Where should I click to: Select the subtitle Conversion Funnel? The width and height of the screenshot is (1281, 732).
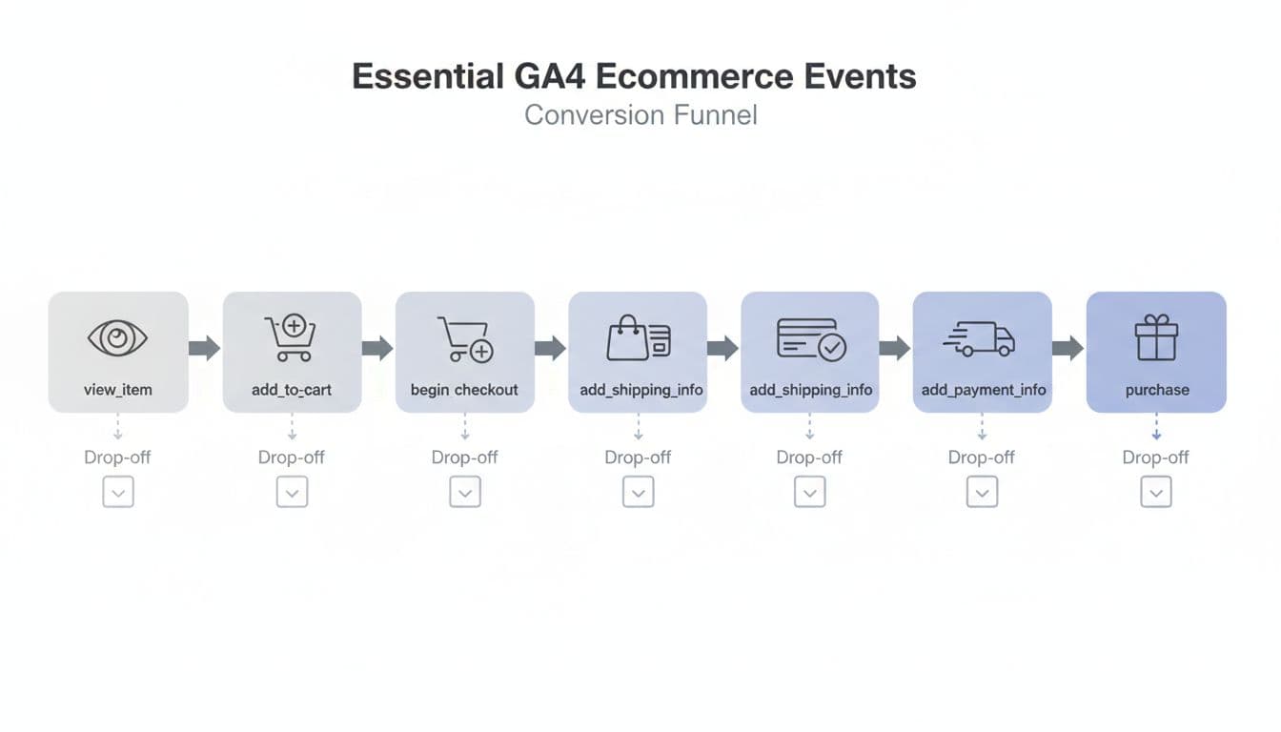click(640, 115)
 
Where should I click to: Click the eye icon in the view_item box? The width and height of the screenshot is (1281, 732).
click(118, 338)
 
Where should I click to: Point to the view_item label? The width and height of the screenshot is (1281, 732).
click(118, 390)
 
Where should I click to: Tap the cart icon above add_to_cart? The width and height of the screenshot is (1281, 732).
click(289, 338)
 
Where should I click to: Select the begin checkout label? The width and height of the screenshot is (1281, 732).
click(464, 390)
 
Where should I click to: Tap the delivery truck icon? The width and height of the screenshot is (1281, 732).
click(980, 338)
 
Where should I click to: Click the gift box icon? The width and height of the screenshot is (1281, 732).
click(1156, 338)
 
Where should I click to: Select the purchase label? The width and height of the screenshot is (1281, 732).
click(1156, 390)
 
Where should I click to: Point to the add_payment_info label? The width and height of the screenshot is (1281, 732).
click(983, 390)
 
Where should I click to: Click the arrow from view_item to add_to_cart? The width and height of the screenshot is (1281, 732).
click(205, 348)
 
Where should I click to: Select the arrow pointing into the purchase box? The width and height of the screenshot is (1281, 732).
click(1068, 348)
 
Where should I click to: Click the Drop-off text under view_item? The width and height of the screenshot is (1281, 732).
click(117, 457)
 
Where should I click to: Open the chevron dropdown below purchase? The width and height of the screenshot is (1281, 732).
click(1156, 492)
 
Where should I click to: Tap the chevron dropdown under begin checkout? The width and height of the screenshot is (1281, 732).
click(465, 492)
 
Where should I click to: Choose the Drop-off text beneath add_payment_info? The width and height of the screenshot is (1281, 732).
click(982, 457)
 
